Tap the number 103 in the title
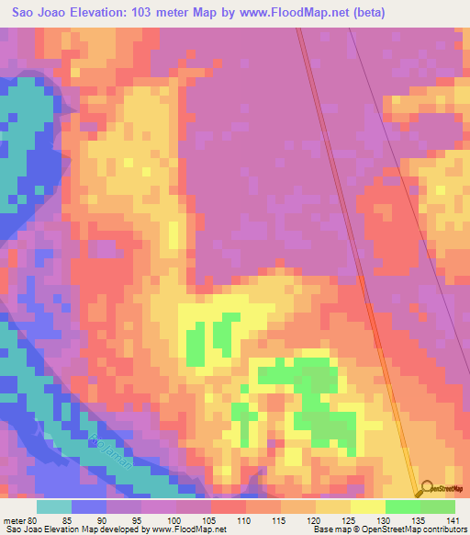pyautogui.click(x=160, y=13)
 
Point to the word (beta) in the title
pyautogui.click(x=366, y=13)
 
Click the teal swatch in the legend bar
pyautogui.click(x=53, y=507)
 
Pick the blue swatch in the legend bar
pyautogui.click(x=89, y=507)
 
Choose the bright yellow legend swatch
pyautogui.click(x=368, y=507)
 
